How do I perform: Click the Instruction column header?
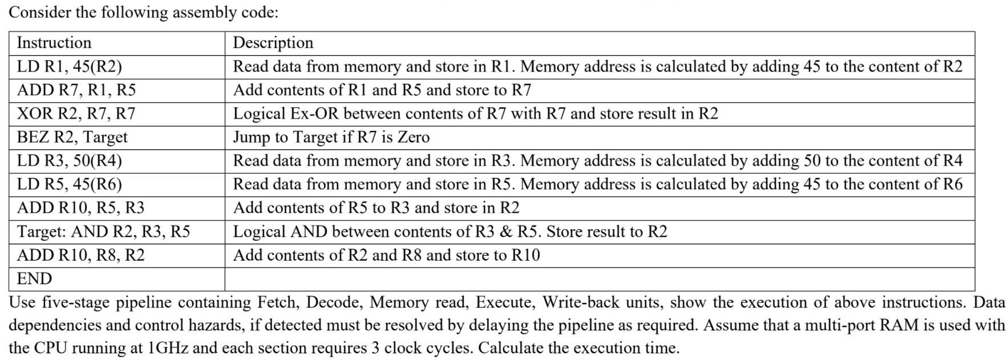pos(54,43)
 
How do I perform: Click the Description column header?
pos(273,43)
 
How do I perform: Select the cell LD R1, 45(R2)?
pos(70,67)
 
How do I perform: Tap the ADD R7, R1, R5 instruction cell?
pos(76,90)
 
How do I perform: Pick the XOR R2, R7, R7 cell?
pos(76,114)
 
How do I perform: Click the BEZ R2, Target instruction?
pos(72,137)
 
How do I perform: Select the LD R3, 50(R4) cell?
pos(70,161)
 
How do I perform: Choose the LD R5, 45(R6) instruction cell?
pos(70,184)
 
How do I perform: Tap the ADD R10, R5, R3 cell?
pos(80,208)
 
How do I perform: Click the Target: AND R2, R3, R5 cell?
pos(103,232)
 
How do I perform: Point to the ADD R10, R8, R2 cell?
pos(80,255)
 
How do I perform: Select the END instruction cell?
pos(34,279)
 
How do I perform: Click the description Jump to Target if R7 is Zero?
pos(331,137)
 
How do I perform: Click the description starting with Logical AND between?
pos(450,232)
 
